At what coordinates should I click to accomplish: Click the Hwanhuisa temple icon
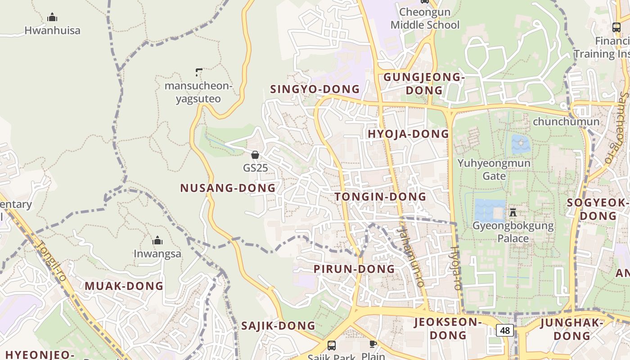tap(52, 18)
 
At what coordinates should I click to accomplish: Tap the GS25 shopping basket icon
tap(255, 155)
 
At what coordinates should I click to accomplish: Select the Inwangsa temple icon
tap(157, 241)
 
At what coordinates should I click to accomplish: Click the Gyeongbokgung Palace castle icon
tap(513, 212)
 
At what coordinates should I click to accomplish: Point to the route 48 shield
tap(505, 330)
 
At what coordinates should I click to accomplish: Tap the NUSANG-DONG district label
tap(228, 188)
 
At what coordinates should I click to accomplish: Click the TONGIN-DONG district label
tap(380, 197)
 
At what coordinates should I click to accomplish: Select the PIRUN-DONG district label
tap(354, 269)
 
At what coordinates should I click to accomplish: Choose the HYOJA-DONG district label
tap(408, 134)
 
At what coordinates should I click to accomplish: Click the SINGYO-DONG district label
tap(315, 89)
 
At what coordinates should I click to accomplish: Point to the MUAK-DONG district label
tap(124, 286)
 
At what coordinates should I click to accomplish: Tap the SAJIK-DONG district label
tap(278, 326)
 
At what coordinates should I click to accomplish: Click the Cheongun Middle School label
tap(425, 18)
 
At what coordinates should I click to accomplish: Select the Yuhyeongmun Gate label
tap(494, 169)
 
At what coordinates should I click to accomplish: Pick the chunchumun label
tap(566, 121)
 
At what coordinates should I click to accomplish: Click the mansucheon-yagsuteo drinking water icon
tap(199, 72)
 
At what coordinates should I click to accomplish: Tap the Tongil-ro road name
tap(52, 261)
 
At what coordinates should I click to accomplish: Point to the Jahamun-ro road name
tap(410, 257)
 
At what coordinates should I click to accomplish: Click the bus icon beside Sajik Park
tap(332, 346)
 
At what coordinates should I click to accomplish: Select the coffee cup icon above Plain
tap(373, 344)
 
